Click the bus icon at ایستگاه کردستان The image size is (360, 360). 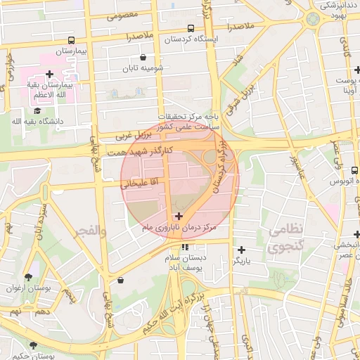click(x=191, y=28)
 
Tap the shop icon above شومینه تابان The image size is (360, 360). click(x=143, y=58)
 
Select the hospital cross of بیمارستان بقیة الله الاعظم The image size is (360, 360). click(x=49, y=74)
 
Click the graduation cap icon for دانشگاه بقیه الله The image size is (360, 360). click(x=37, y=110)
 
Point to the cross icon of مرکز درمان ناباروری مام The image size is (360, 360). click(x=179, y=216)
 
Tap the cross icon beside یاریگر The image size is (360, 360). click(x=241, y=250)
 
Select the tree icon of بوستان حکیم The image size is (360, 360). click(x=33, y=345)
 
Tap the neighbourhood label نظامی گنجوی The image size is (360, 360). click(x=286, y=238)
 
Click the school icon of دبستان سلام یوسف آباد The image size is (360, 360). click(x=185, y=247)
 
